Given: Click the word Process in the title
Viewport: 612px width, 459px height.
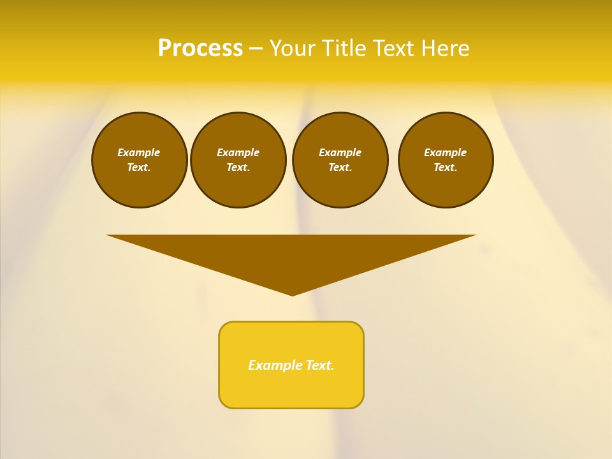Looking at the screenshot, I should (200, 48).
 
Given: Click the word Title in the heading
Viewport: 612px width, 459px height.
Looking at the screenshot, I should (344, 48).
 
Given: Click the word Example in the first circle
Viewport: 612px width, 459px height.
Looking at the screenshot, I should (139, 152).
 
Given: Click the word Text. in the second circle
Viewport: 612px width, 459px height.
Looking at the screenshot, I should (238, 168).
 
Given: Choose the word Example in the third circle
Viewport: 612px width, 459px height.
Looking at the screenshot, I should (340, 152).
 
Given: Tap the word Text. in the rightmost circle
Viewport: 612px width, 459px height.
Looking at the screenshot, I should (446, 168).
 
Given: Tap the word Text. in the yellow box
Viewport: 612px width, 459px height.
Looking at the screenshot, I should (320, 365).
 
